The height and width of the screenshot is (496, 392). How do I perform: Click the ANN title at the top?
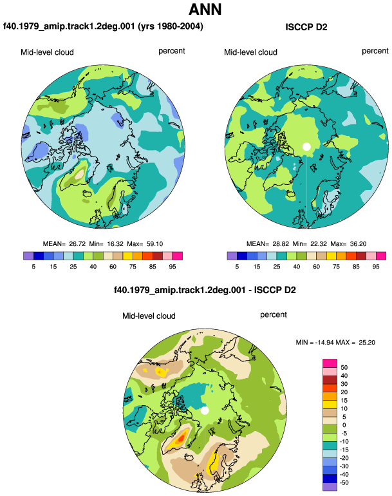tap(205, 10)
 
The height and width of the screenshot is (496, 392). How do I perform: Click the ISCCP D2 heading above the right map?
tap(306, 27)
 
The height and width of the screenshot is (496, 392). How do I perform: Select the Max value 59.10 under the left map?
tap(155, 244)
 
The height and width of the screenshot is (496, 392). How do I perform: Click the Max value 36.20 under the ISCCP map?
tap(358, 244)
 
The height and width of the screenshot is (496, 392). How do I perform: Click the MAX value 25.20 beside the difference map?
tap(367, 342)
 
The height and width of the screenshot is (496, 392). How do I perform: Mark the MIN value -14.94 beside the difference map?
tap(324, 342)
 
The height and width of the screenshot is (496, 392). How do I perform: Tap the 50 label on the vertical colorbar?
tap(344, 368)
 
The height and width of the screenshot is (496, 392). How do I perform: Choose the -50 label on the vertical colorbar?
tap(344, 482)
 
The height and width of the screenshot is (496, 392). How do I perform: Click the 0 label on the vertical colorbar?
tap(344, 425)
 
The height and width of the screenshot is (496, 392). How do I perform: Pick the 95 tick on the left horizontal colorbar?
tap(173, 267)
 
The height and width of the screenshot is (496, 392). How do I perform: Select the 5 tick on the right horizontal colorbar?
tap(237, 267)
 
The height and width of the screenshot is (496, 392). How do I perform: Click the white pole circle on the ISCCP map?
tap(306, 147)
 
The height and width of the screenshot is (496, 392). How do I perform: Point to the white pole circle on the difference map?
tap(205, 410)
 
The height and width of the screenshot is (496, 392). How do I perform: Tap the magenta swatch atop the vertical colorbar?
tap(330, 363)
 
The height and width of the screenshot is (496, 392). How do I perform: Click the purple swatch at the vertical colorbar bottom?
tap(330, 486)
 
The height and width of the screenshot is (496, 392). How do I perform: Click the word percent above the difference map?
tap(274, 315)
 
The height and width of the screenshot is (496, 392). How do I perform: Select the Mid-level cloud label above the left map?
tap(47, 52)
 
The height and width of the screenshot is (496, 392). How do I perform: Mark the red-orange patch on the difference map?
tap(181, 439)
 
